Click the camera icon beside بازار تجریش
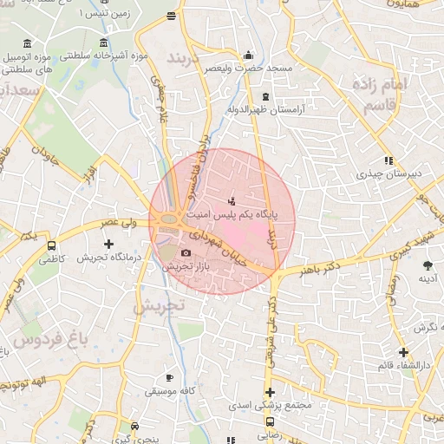click(x=186, y=252)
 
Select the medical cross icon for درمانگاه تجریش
click(x=108, y=245)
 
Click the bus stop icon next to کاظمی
click(x=52, y=245)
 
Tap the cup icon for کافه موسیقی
click(x=169, y=377)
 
